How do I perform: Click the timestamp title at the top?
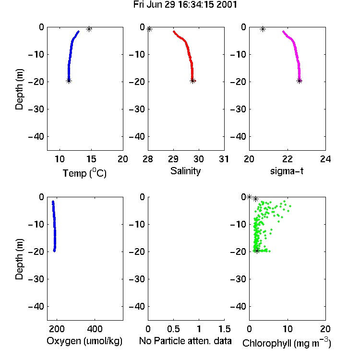[185, 5]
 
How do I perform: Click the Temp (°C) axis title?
[84, 173]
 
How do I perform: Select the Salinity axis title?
[185, 171]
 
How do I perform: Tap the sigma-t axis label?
[287, 171]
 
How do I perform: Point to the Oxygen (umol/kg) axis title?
[84, 341]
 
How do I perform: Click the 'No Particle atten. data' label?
[185, 341]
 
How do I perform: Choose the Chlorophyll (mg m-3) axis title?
[287, 343]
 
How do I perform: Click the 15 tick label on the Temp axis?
[91, 159]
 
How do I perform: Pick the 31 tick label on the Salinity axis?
[224, 159]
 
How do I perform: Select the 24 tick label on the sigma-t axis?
[325, 159]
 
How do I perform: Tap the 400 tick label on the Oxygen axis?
[95, 329]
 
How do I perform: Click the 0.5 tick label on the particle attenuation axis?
[173, 329]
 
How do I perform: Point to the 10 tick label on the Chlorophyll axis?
[288, 329]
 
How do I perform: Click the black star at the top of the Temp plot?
[89, 29]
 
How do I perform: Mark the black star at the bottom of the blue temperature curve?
[69, 81]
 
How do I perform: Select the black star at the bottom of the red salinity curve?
[192, 81]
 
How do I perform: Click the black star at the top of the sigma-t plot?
[263, 29]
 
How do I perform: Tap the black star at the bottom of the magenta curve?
[299, 81]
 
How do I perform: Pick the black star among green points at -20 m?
[257, 251]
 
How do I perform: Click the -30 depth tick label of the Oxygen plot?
[36, 279]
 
